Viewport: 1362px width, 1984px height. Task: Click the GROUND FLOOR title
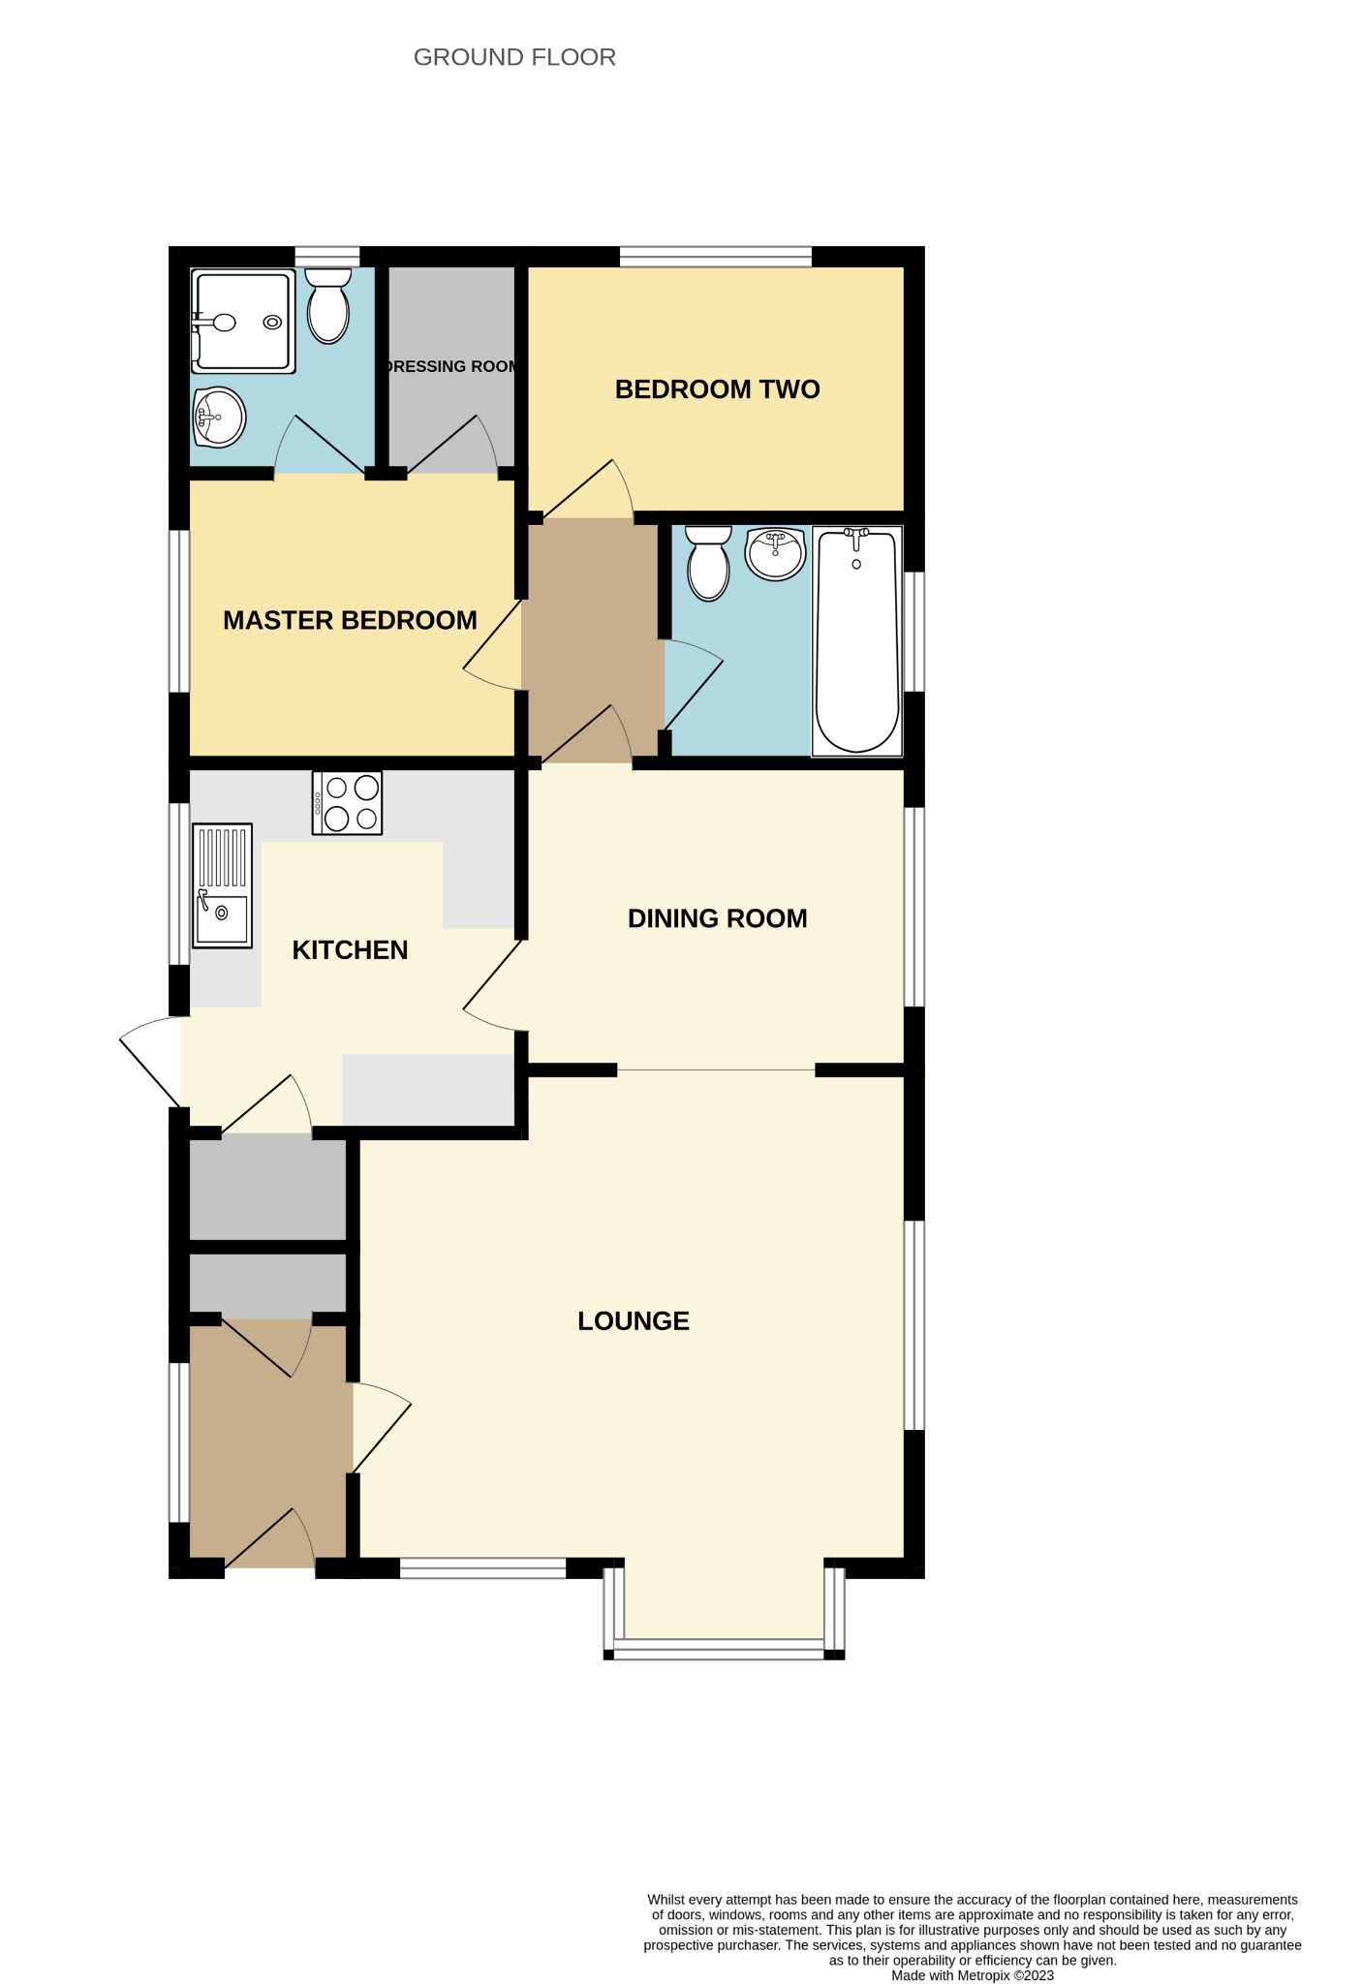click(514, 57)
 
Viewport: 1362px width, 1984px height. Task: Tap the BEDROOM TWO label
click(718, 389)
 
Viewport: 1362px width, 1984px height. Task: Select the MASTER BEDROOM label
click(350, 620)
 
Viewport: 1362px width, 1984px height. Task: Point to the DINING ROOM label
click(718, 918)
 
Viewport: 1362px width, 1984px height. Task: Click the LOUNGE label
click(634, 1320)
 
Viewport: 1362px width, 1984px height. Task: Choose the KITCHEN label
click(350, 950)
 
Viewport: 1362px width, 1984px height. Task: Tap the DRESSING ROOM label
click(451, 366)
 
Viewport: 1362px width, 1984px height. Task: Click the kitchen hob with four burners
click(347, 803)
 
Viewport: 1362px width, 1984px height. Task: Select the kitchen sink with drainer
click(223, 885)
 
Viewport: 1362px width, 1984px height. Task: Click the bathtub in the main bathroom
click(857, 640)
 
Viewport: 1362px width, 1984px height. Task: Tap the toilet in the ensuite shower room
click(328, 305)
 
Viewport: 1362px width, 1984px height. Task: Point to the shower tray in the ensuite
click(243, 322)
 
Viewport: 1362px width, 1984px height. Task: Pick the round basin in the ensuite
click(219, 418)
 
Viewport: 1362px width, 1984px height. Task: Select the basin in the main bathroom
click(776, 554)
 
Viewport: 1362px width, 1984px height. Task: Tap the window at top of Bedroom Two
click(716, 257)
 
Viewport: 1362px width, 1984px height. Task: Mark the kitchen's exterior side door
click(151, 1061)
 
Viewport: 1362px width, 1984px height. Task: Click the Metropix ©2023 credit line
click(973, 1975)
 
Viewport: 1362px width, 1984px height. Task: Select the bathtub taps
click(856, 539)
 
